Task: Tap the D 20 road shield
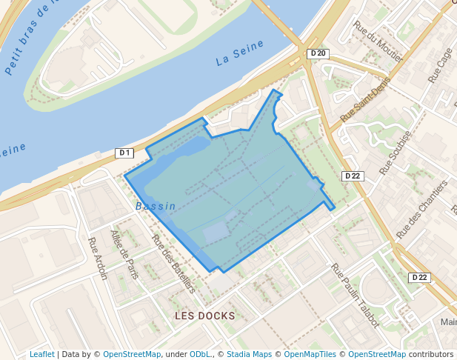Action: coord(318,53)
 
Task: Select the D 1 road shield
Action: coord(124,153)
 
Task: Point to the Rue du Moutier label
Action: coord(378,41)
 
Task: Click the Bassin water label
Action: coord(156,207)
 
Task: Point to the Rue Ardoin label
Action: coord(98,258)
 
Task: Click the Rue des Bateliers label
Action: coord(173,263)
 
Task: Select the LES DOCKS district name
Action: coord(204,316)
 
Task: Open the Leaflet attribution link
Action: coord(41,354)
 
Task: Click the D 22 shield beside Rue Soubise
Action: coord(351,176)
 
